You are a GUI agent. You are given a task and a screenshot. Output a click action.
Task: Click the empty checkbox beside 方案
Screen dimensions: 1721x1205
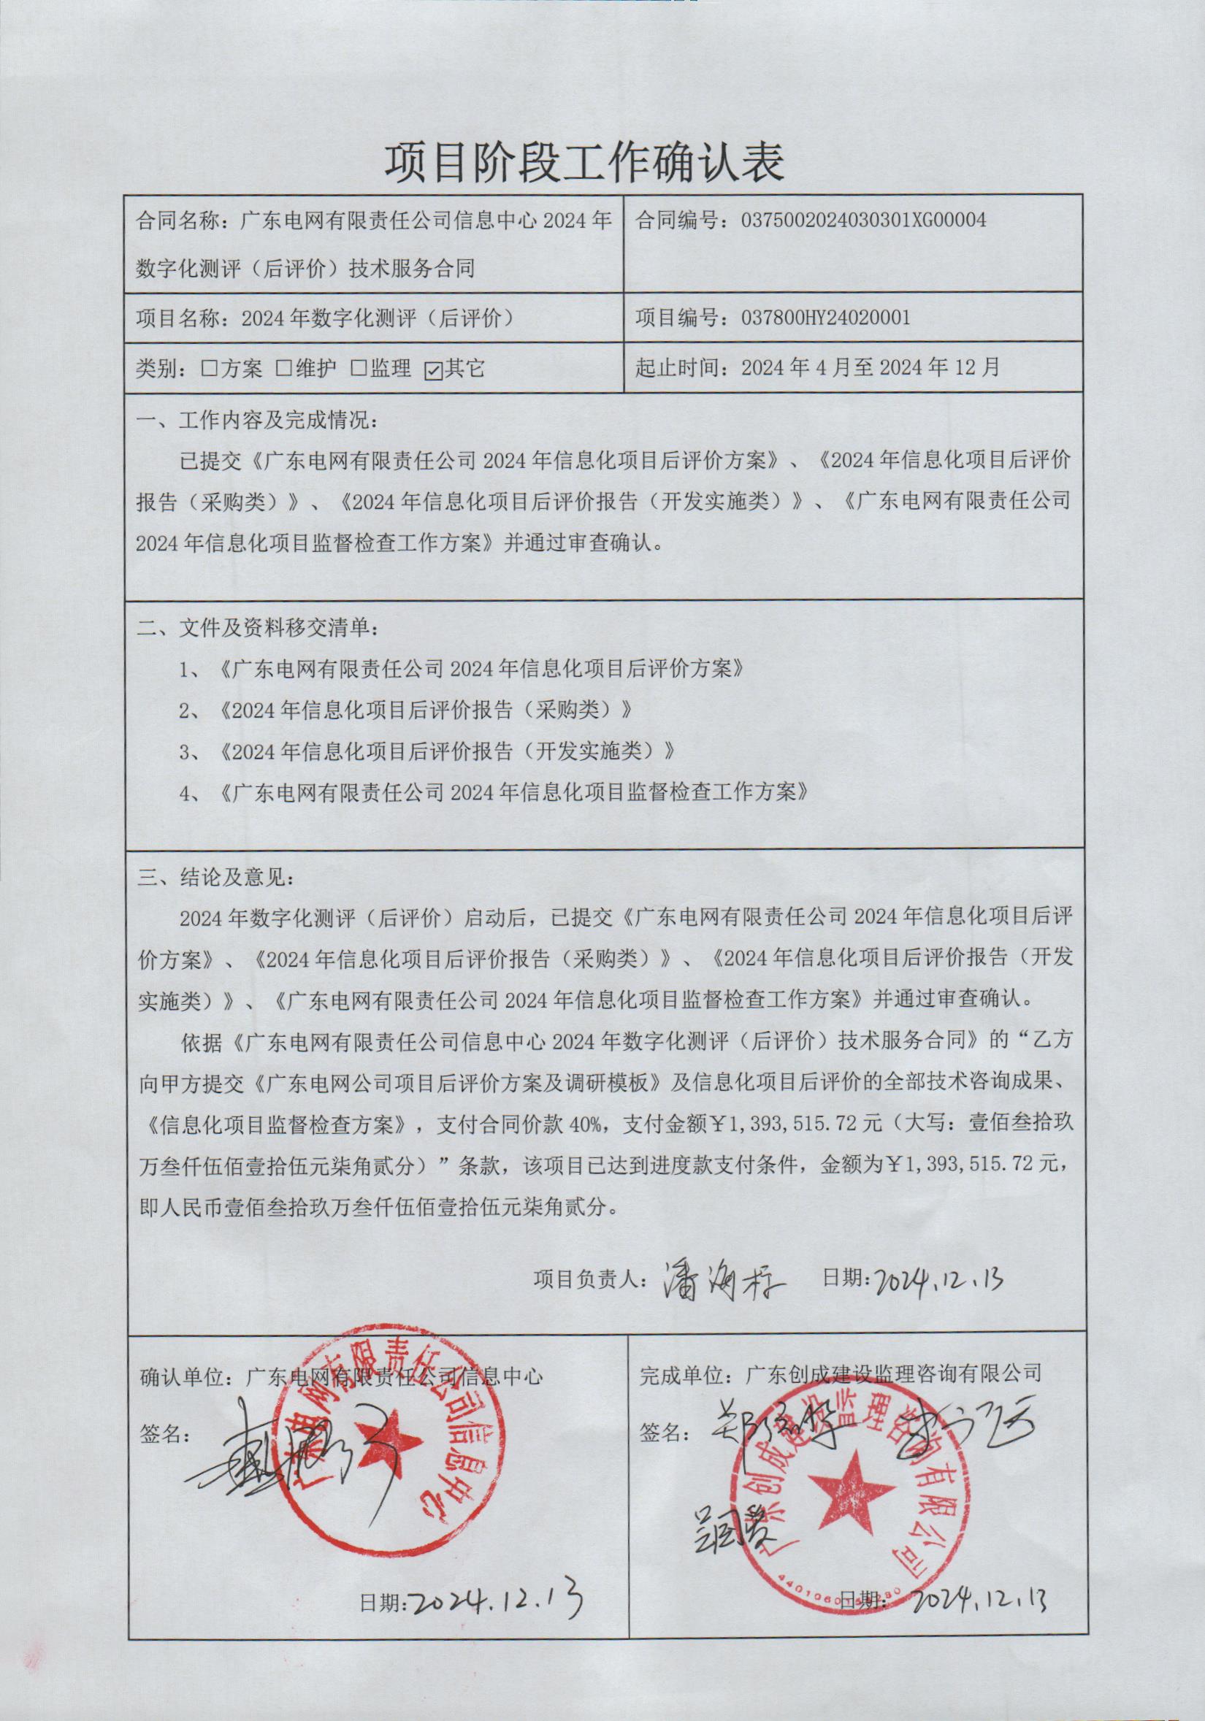(210, 369)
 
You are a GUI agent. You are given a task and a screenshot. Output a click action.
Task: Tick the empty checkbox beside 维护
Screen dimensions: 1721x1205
(284, 369)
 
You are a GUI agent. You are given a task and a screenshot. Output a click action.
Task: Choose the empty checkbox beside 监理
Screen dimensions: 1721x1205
(359, 369)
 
